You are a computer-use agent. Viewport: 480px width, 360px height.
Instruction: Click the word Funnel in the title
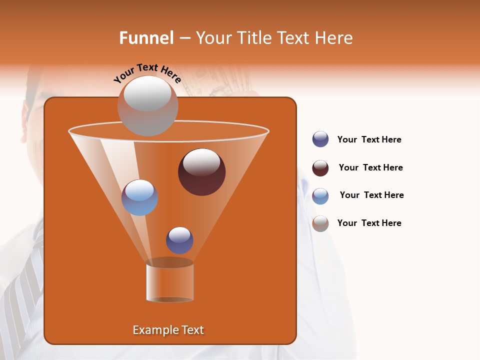tap(146, 38)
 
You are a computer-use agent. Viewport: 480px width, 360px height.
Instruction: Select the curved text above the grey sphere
tap(147, 72)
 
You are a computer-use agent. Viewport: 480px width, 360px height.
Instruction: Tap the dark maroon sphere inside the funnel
tap(201, 171)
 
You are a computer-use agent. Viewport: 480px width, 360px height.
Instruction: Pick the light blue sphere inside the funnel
tap(139, 197)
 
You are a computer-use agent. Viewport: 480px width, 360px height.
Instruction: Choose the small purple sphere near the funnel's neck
tap(179, 240)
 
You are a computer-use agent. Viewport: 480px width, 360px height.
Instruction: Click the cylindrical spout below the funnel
tap(169, 281)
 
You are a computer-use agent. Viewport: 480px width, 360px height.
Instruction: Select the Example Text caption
tap(168, 330)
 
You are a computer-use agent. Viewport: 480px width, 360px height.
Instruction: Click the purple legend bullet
tap(320, 139)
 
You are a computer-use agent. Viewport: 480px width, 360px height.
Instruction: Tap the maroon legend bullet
tap(320, 168)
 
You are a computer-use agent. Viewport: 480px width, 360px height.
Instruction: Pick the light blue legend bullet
tap(320, 196)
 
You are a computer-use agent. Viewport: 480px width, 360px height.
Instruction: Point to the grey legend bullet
tap(320, 223)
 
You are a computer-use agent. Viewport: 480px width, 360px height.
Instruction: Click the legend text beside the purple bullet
tap(369, 140)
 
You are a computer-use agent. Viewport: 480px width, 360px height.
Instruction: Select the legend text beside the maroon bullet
tap(370, 167)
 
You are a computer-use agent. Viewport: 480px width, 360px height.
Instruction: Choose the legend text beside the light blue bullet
tap(371, 195)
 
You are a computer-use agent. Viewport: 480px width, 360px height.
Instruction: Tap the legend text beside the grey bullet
tap(369, 223)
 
